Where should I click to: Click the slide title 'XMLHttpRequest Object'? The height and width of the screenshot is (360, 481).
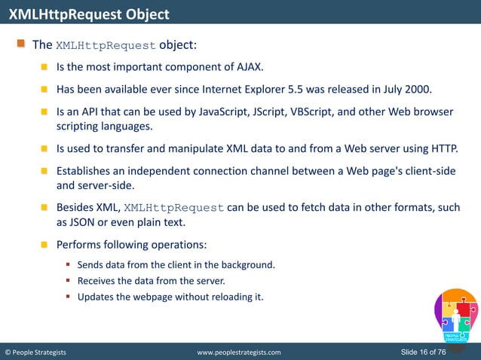click(89, 14)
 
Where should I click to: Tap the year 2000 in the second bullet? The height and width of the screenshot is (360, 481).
click(418, 89)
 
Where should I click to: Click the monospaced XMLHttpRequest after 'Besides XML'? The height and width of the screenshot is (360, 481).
click(173, 208)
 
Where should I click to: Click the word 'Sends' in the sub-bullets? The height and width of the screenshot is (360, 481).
click(91, 265)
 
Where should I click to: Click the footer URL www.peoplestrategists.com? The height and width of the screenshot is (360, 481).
click(238, 352)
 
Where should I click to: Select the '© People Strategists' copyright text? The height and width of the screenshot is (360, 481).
click(35, 352)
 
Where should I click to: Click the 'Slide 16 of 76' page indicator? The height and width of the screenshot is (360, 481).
click(425, 352)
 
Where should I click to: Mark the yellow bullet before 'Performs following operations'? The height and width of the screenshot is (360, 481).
click(44, 245)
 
